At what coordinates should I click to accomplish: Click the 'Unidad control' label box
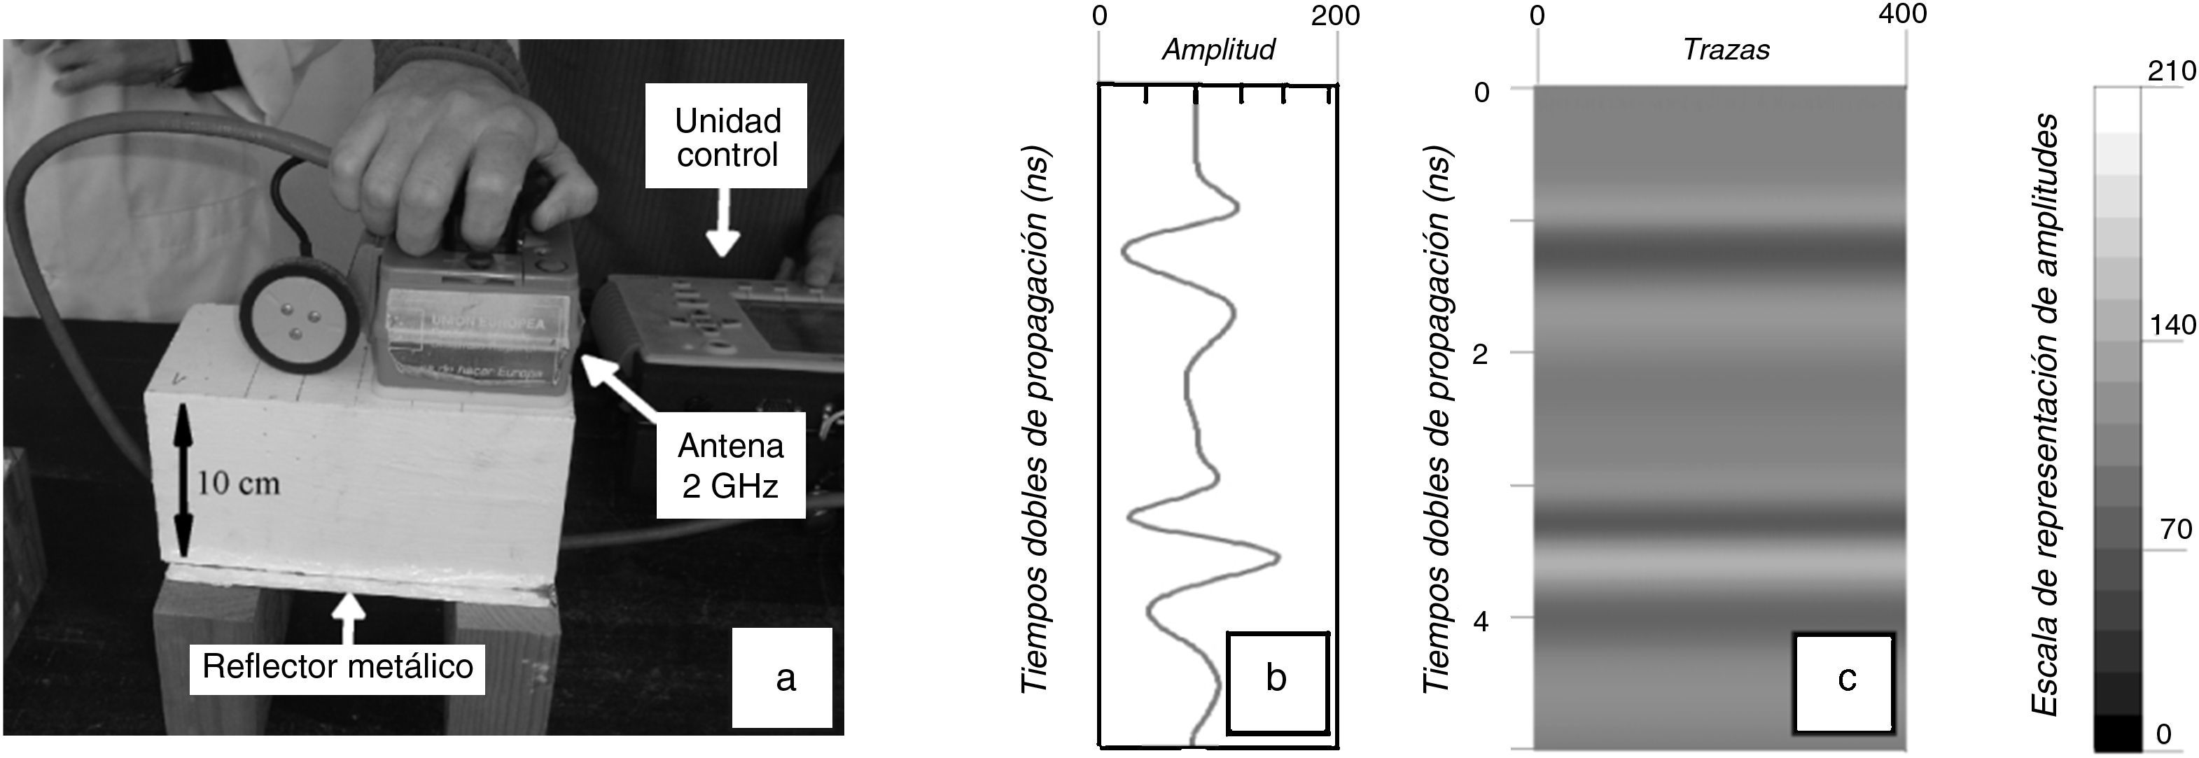[727, 136]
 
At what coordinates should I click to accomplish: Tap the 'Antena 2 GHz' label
[731, 465]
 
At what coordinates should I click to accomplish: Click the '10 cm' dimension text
[238, 484]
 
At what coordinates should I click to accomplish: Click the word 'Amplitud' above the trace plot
[1218, 50]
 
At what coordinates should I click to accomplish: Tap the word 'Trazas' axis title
[1726, 50]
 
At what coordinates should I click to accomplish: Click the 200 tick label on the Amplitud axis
[1335, 15]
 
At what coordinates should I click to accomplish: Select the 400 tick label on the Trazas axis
[1903, 14]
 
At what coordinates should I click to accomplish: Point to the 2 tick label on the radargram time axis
[1482, 354]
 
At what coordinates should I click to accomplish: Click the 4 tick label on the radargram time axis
[1481, 622]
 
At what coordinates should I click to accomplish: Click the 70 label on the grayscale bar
[2177, 529]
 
